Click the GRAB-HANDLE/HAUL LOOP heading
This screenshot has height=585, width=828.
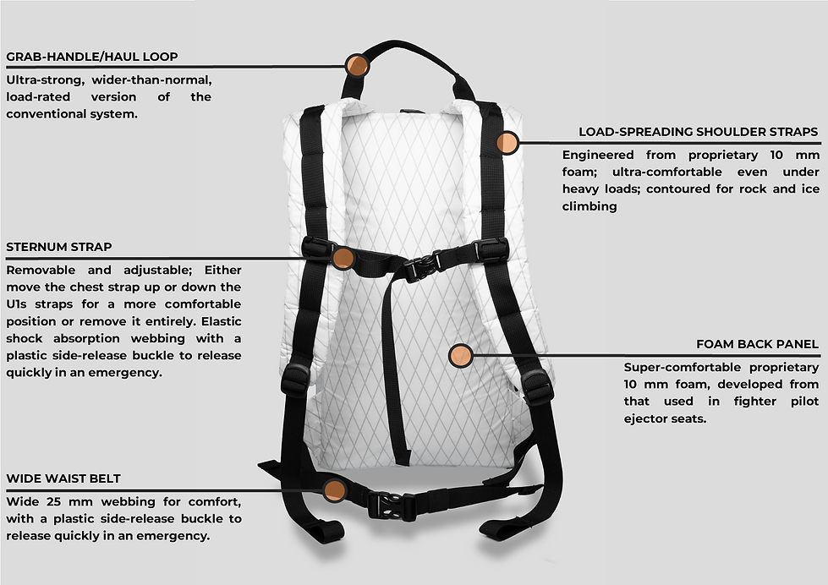(91, 57)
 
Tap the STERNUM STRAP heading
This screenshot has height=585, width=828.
(58, 248)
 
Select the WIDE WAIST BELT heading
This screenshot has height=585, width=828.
(63, 478)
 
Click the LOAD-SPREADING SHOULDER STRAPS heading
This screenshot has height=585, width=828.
(698, 132)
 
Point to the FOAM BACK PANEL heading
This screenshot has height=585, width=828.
(757, 344)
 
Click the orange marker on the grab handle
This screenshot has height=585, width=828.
(358, 65)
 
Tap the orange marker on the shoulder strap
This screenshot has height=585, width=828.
(507, 142)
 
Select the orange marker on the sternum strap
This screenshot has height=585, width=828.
(343, 257)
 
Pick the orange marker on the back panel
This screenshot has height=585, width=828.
(461, 356)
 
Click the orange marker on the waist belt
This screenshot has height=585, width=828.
(335, 489)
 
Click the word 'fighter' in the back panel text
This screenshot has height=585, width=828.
(737, 402)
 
